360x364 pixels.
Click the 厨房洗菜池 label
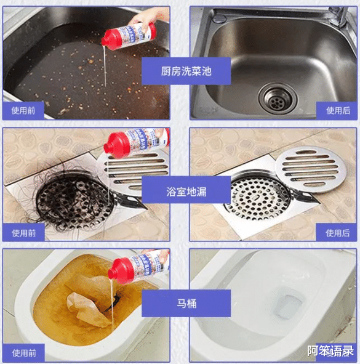pyautogui.click(x=186, y=71)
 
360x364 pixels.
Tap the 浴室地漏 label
pyautogui.click(x=186, y=192)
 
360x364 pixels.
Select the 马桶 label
pyautogui.click(x=186, y=304)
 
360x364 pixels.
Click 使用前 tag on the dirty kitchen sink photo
pyautogui.click(x=23, y=111)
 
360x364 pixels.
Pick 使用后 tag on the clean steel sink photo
pyautogui.click(x=338, y=111)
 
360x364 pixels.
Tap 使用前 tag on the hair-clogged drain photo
pyautogui.click(x=23, y=233)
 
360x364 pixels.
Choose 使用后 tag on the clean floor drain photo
pyautogui.click(x=337, y=233)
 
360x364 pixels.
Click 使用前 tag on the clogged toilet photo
pyautogui.click(x=23, y=353)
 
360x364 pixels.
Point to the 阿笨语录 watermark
pyautogui.click(x=330, y=352)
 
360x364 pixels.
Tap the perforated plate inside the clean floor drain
pyautogui.click(x=255, y=197)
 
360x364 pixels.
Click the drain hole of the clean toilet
pyautogui.click(x=284, y=305)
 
